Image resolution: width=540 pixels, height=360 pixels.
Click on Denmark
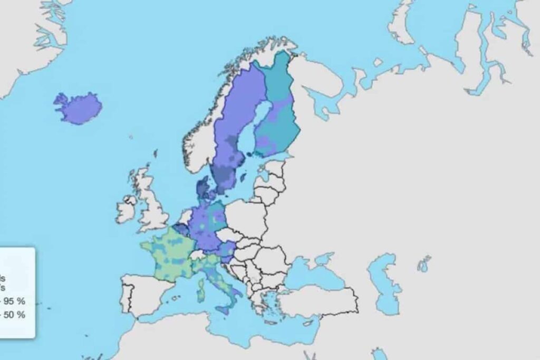click(x=204, y=188)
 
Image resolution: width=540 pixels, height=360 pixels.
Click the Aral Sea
click(x=424, y=262)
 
